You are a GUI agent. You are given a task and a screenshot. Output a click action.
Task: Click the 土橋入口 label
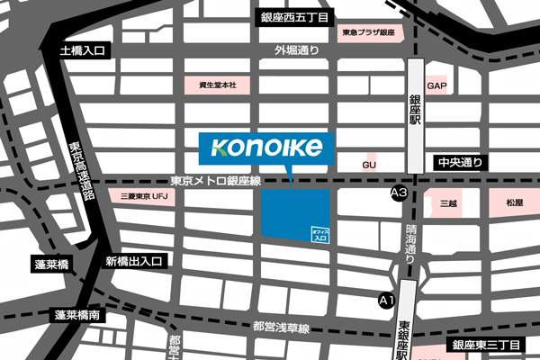point(82,51)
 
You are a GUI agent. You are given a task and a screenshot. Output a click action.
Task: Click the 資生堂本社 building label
point(217,85)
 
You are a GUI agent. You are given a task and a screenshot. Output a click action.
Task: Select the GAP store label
point(437,86)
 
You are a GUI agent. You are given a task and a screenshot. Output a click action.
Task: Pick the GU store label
point(368,166)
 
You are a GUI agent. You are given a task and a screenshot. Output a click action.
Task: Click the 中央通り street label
point(461,163)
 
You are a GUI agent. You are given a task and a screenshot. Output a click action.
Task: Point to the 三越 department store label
point(448,204)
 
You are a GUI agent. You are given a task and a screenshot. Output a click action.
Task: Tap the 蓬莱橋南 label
point(77,316)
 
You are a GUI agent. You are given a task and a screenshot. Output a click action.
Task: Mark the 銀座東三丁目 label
point(487,346)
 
